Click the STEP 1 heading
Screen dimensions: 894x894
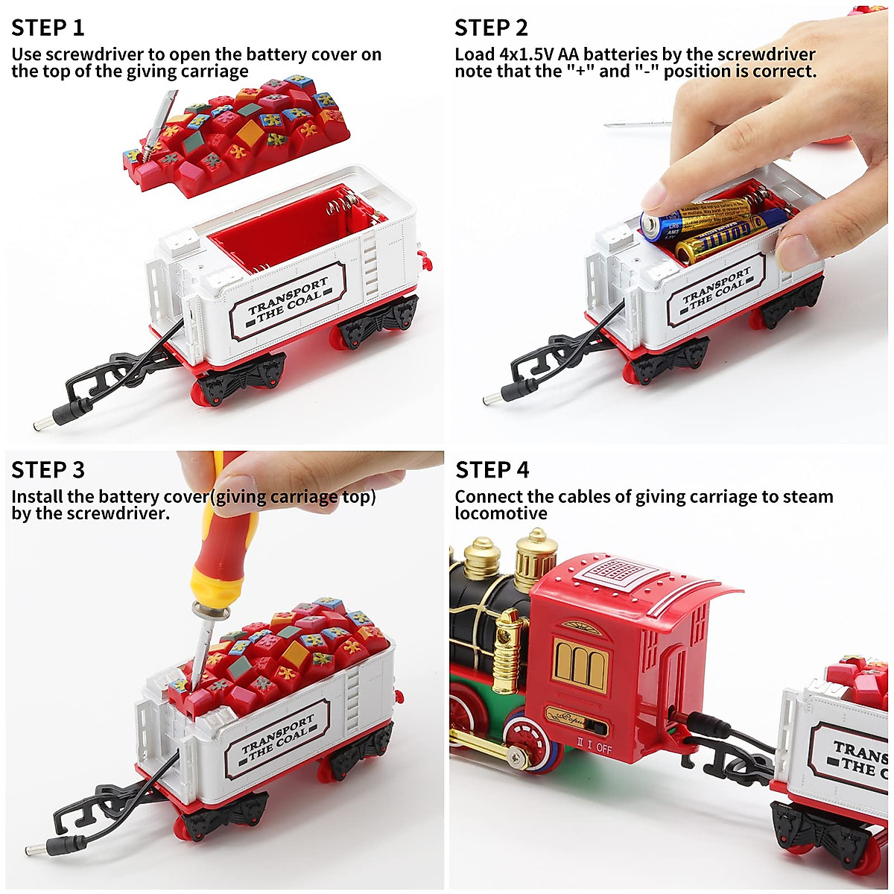pos(48,28)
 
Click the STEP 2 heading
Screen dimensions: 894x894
pos(491,28)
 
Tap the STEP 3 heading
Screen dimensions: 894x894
pos(48,470)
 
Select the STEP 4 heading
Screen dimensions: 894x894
pos(492,470)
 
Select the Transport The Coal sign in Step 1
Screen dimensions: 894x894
pos(288,300)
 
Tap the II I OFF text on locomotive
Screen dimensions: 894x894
pos(593,747)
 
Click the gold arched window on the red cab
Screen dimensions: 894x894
pos(581,665)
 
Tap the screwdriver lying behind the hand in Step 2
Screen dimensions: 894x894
pos(633,124)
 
